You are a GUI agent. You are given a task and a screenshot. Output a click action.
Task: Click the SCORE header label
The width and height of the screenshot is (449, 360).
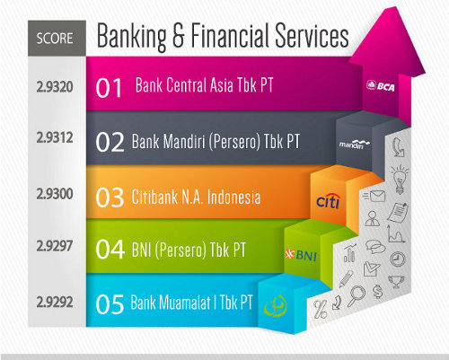[55, 39]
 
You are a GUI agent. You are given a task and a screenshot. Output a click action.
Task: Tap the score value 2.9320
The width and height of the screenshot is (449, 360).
[55, 87]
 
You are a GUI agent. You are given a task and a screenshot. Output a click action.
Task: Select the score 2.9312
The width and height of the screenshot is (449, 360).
[55, 137]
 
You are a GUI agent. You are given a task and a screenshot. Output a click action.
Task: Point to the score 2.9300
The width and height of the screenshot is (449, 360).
[55, 194]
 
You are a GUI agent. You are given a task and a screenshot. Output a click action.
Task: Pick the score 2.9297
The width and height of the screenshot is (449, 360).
[55, 246]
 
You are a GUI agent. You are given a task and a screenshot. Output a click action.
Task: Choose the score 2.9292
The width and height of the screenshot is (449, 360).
[55, 302]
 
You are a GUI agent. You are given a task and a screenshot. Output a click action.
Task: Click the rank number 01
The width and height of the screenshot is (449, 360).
[109, 88]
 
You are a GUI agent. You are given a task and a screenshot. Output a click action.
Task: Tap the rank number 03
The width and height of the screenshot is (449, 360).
[110, 198]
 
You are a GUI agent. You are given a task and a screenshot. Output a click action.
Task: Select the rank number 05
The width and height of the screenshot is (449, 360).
[110, 304]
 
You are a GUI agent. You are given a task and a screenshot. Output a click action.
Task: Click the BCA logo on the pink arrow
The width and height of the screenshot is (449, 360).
[381, 86]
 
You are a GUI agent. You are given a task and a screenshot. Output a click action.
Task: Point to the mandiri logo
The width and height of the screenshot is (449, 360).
[355, 145]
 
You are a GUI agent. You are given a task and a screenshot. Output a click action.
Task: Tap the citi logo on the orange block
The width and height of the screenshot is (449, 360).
[329, 201]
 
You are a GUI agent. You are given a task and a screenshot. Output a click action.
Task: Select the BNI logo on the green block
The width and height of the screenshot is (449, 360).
[301, 255]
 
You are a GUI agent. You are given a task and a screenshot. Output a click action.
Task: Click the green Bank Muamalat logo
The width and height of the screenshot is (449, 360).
[276, 305]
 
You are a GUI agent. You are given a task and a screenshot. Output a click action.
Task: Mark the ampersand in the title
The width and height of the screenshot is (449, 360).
[179, 36]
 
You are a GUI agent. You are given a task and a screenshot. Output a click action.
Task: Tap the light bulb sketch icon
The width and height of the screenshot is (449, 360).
[400, 179]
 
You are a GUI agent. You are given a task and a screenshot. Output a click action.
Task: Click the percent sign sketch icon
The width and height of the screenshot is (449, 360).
[320, 310]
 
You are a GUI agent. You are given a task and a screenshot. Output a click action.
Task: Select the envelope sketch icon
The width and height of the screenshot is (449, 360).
[374, 197]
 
